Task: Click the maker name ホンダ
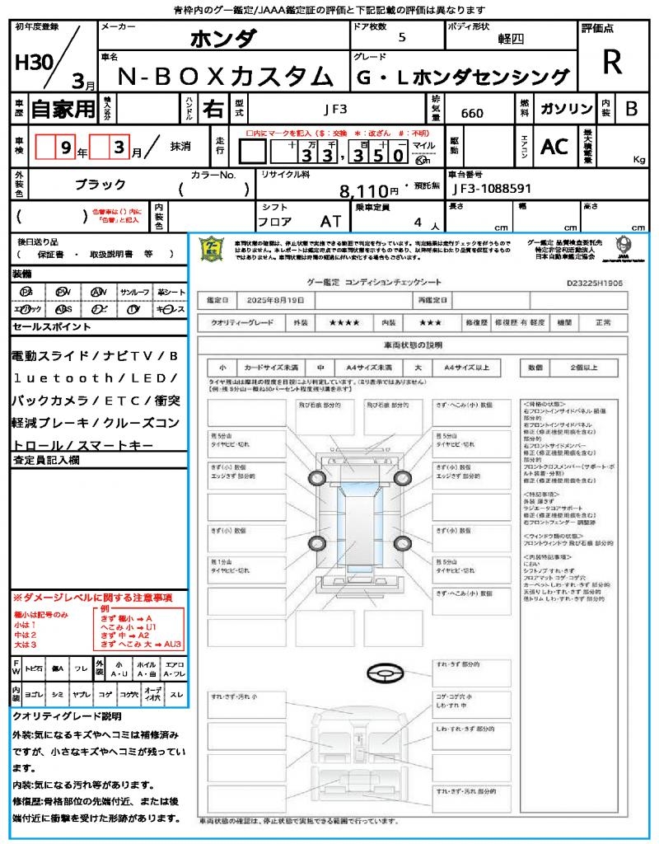tap(223, 38)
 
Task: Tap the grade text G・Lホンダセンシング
tap(464, 77)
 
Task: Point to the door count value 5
tap(402, 38)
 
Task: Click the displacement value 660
tap(472, 113)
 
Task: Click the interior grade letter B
tap(631, 109)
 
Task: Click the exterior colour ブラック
tap(100, 185)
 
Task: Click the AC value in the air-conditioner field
tap(554, 147)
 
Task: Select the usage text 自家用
tap(63, 109)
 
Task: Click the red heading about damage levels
tap(92, 597)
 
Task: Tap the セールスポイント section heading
tap(51, 327)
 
